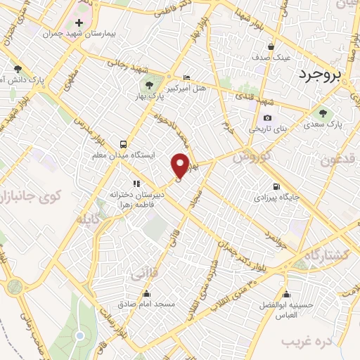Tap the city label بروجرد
328,74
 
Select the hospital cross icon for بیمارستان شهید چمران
79,23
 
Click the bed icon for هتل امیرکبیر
186,78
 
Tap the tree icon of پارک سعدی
323,112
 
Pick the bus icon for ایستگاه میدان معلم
124,141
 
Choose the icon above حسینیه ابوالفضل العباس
285,295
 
